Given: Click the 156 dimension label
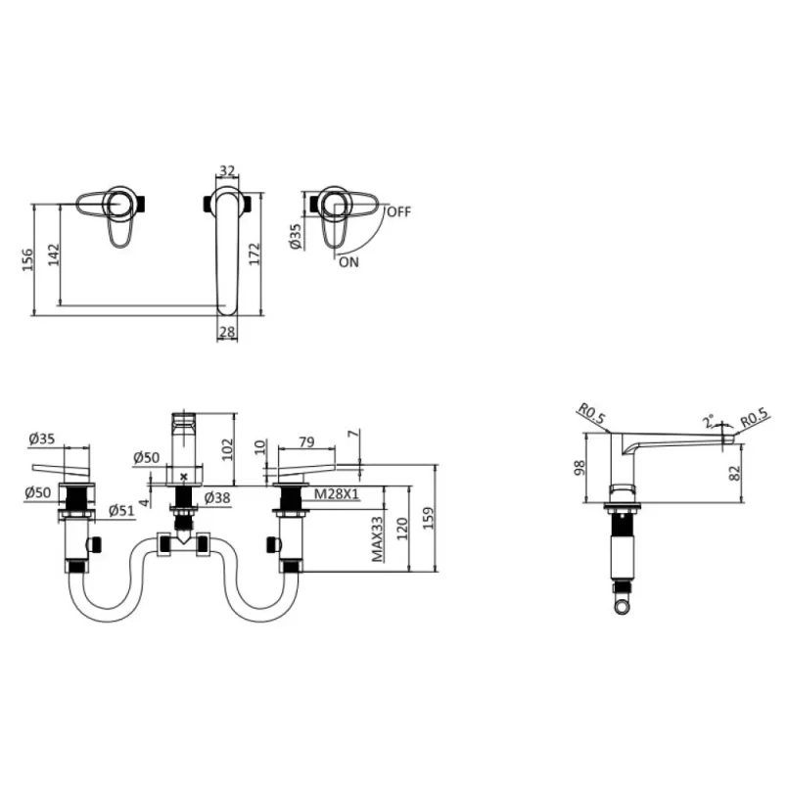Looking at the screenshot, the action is (x=27, y=259).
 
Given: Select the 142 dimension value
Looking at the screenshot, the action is (x=54, y=255).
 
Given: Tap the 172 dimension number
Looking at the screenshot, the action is (x=255, y=254).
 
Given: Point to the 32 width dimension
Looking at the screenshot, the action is (x=227, y=170).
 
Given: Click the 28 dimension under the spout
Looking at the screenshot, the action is (x=227, y=332).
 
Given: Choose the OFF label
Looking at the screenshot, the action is (x=399, y=211).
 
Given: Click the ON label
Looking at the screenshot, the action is (x=348, y=262).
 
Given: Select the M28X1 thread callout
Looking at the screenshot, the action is (x=337, y=494).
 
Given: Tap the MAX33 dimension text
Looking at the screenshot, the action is (x=377, y=539).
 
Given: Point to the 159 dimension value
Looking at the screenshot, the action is (x=428, y=518).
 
